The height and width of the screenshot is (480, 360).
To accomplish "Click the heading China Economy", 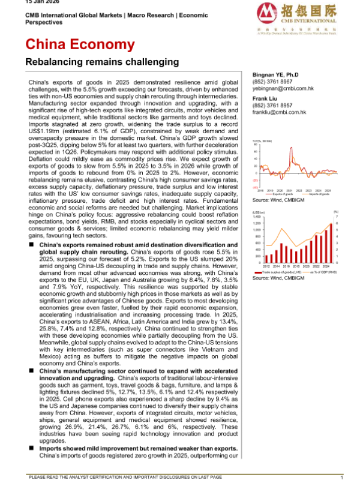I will (x=79, y=44).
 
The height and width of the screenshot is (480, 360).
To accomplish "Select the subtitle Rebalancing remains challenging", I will (x=102, y=61).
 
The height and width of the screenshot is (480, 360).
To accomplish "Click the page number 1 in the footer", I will (x=341, y=476).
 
